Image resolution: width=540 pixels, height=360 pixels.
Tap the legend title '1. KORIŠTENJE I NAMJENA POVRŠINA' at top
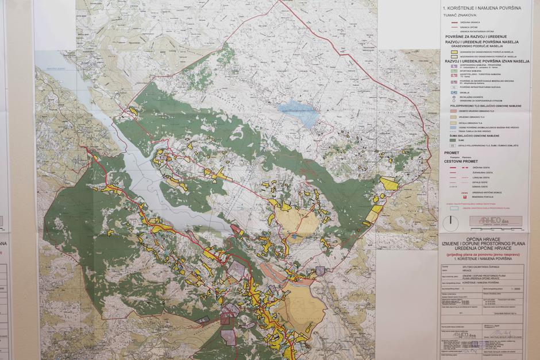tap(482, 8)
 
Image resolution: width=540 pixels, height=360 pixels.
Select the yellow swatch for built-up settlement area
tap(454, 51)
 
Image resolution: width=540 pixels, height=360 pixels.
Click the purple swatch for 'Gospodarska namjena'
tap(454, 65)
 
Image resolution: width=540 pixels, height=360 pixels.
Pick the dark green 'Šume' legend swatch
tap(454, 140)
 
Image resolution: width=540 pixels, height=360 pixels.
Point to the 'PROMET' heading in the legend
tap(452, 153)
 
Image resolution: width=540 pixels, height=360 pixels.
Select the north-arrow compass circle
tap(454, 220)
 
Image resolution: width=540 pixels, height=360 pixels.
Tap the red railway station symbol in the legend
tap(454, 196)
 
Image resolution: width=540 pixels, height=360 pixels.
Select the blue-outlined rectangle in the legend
tap(454, 208)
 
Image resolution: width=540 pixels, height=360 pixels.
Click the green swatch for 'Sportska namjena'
tap(454, 71)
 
